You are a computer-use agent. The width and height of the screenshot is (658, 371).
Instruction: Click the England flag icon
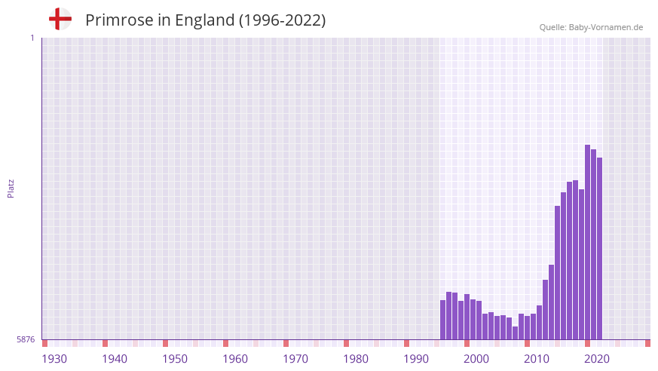(x=60, y=19)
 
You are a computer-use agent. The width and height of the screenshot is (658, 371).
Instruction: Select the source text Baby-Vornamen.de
(x=605, y=27)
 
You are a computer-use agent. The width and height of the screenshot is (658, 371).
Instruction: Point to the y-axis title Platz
(x=11, y=188)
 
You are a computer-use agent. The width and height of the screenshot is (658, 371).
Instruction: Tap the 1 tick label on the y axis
(x=32, y=38)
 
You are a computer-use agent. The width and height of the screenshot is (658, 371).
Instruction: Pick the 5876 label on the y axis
(x=26, y=340)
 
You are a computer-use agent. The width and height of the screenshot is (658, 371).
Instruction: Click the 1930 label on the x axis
(x=54, y=359)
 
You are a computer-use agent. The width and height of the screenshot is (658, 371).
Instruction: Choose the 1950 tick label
(x=175, y=359)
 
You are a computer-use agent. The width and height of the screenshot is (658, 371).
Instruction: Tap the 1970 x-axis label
(x=295, y=359)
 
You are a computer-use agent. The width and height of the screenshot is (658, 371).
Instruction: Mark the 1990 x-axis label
(x=416, y=359)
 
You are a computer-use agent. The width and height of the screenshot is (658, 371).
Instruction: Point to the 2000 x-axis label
(x=476, y=359)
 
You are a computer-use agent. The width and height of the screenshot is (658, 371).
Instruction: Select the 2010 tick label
(x=537, y=359)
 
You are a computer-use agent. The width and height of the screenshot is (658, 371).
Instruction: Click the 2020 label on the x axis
(x=597, y=359)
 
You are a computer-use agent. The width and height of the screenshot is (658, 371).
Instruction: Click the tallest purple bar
(x=588, y=241)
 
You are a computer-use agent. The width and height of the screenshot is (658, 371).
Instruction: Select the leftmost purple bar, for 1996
(x=443, y=320)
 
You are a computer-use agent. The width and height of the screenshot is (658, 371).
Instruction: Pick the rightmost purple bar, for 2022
(x=600, y=249)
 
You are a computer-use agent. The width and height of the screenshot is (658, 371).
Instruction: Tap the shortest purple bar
(x=516, y=333)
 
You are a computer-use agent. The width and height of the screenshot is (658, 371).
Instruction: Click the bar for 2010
(x=528, y=327)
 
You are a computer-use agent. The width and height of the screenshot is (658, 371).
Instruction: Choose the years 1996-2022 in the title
(x=282, y=20)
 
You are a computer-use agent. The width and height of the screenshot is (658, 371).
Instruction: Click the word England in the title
(x=204, y=20)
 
